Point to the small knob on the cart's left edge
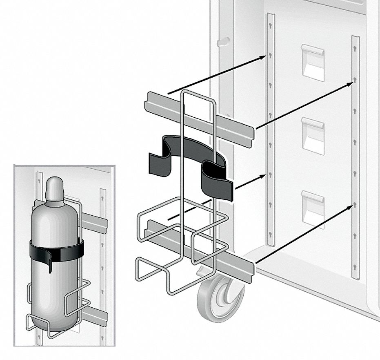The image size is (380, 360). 222,42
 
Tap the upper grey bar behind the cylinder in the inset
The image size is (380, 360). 95,223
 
